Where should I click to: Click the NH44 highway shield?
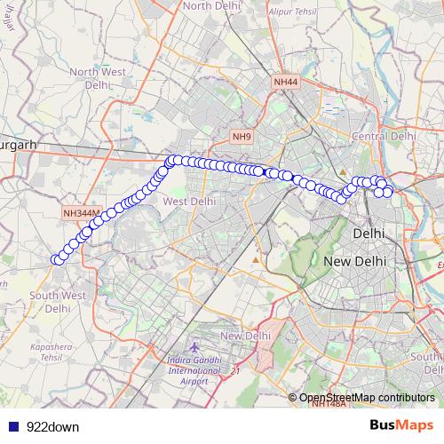(284, 82)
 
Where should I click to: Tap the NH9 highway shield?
(242, 137)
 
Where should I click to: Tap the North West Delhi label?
(96, 79)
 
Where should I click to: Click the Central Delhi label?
(384, 136)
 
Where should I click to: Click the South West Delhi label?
(57, 302)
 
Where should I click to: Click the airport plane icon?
(195, 345)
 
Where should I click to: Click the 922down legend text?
(52, 427)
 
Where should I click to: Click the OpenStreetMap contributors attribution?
(367, 398)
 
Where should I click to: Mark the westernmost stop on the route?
(56, 259)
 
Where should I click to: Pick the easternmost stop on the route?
(388, 191)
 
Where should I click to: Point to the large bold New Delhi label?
(353, 262)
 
